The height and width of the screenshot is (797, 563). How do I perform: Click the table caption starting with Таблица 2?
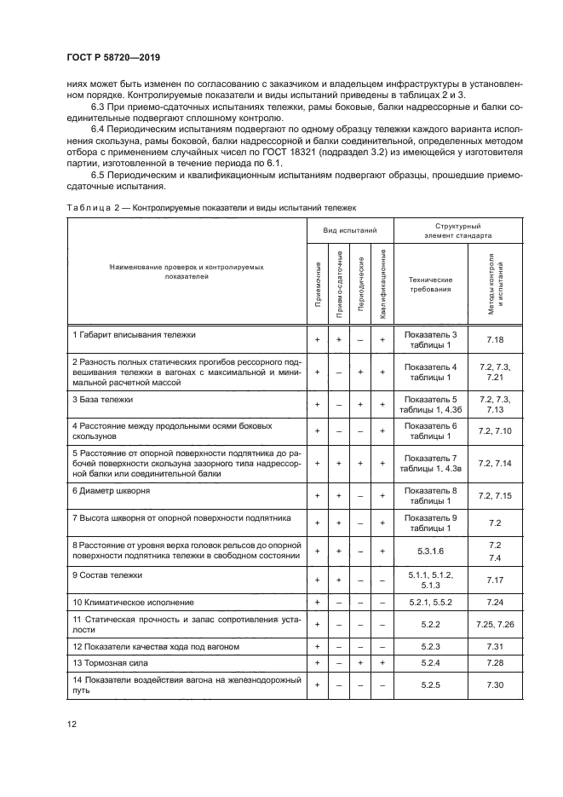click(x=210, y=207)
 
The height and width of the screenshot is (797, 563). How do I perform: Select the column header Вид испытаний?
click(x=350, y=230)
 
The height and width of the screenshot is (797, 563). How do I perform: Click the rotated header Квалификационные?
click(x=383, y=285)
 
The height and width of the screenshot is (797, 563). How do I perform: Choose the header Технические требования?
click(x=430, y=284)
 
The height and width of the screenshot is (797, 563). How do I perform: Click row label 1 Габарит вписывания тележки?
click(x=135, y=335)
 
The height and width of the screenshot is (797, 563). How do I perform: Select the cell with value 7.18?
click(x=495, y=339)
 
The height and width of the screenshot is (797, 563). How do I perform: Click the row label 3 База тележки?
click(x=103, y=399)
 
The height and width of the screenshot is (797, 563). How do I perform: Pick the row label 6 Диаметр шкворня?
click(x=112, y=491)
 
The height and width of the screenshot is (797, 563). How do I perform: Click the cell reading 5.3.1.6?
click(x=430, y=550)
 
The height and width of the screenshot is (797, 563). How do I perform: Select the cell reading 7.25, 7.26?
click(x=495, y=624)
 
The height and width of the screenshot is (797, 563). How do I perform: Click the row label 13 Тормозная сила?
click(x=114, y=661)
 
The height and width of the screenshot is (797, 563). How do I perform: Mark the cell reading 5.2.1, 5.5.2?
click(x=430, y=602)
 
